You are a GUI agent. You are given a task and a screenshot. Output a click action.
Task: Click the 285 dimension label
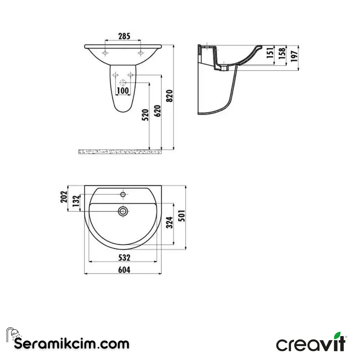pyautogui.click(x=124, y=36)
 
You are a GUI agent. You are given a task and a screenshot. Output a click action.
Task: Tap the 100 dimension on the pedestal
pyautogui.click(x=123, y=90)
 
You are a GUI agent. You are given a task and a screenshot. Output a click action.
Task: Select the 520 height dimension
pyautogui.click(x=145, y=115)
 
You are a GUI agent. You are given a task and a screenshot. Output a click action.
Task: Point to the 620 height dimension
pyautogui.click(x=158, y=111)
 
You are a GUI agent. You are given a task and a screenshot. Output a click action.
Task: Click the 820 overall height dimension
pyautogui.click(x=170, y=96)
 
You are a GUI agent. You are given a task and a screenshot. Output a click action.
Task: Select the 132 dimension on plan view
pyautogui.click(x=76, y=202)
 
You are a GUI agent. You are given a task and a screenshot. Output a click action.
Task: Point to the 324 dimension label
pyautogui.click(x=170, y=223)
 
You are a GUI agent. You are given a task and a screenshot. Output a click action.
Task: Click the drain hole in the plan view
pyautogui.click(x=123, y=211)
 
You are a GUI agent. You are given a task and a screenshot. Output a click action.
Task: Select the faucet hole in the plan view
pyautogui.click(x=123, y=194)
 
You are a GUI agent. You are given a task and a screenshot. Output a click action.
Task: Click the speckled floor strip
pyautogui.click(x=120, y=152)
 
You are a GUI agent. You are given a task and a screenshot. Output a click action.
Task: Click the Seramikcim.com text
pyautogui.click(x=72, y=343)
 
